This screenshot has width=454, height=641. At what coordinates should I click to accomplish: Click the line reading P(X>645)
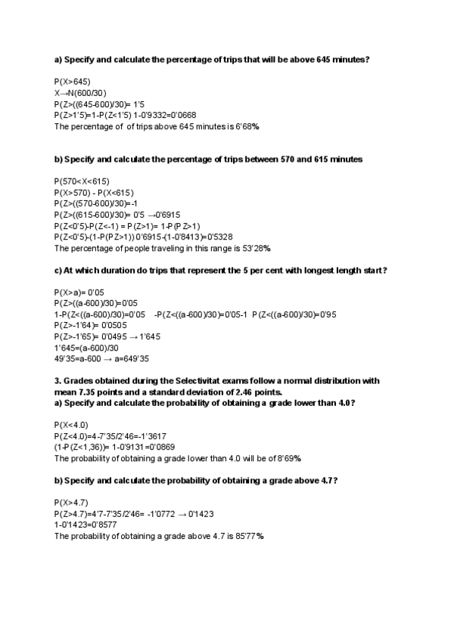click(x=73, y=81)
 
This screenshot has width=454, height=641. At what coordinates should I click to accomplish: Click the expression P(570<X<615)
click(x=82, y=181)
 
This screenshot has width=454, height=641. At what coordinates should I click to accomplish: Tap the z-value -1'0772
click(x=160, y=513)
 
